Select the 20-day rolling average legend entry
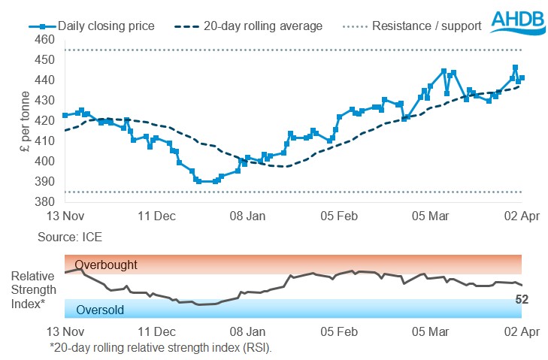point(253,26)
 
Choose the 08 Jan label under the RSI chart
point(247,331)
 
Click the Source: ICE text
point(70,237)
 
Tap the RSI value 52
point(521,299)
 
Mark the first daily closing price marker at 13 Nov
point(65,115)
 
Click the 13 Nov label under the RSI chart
point(65,331)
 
